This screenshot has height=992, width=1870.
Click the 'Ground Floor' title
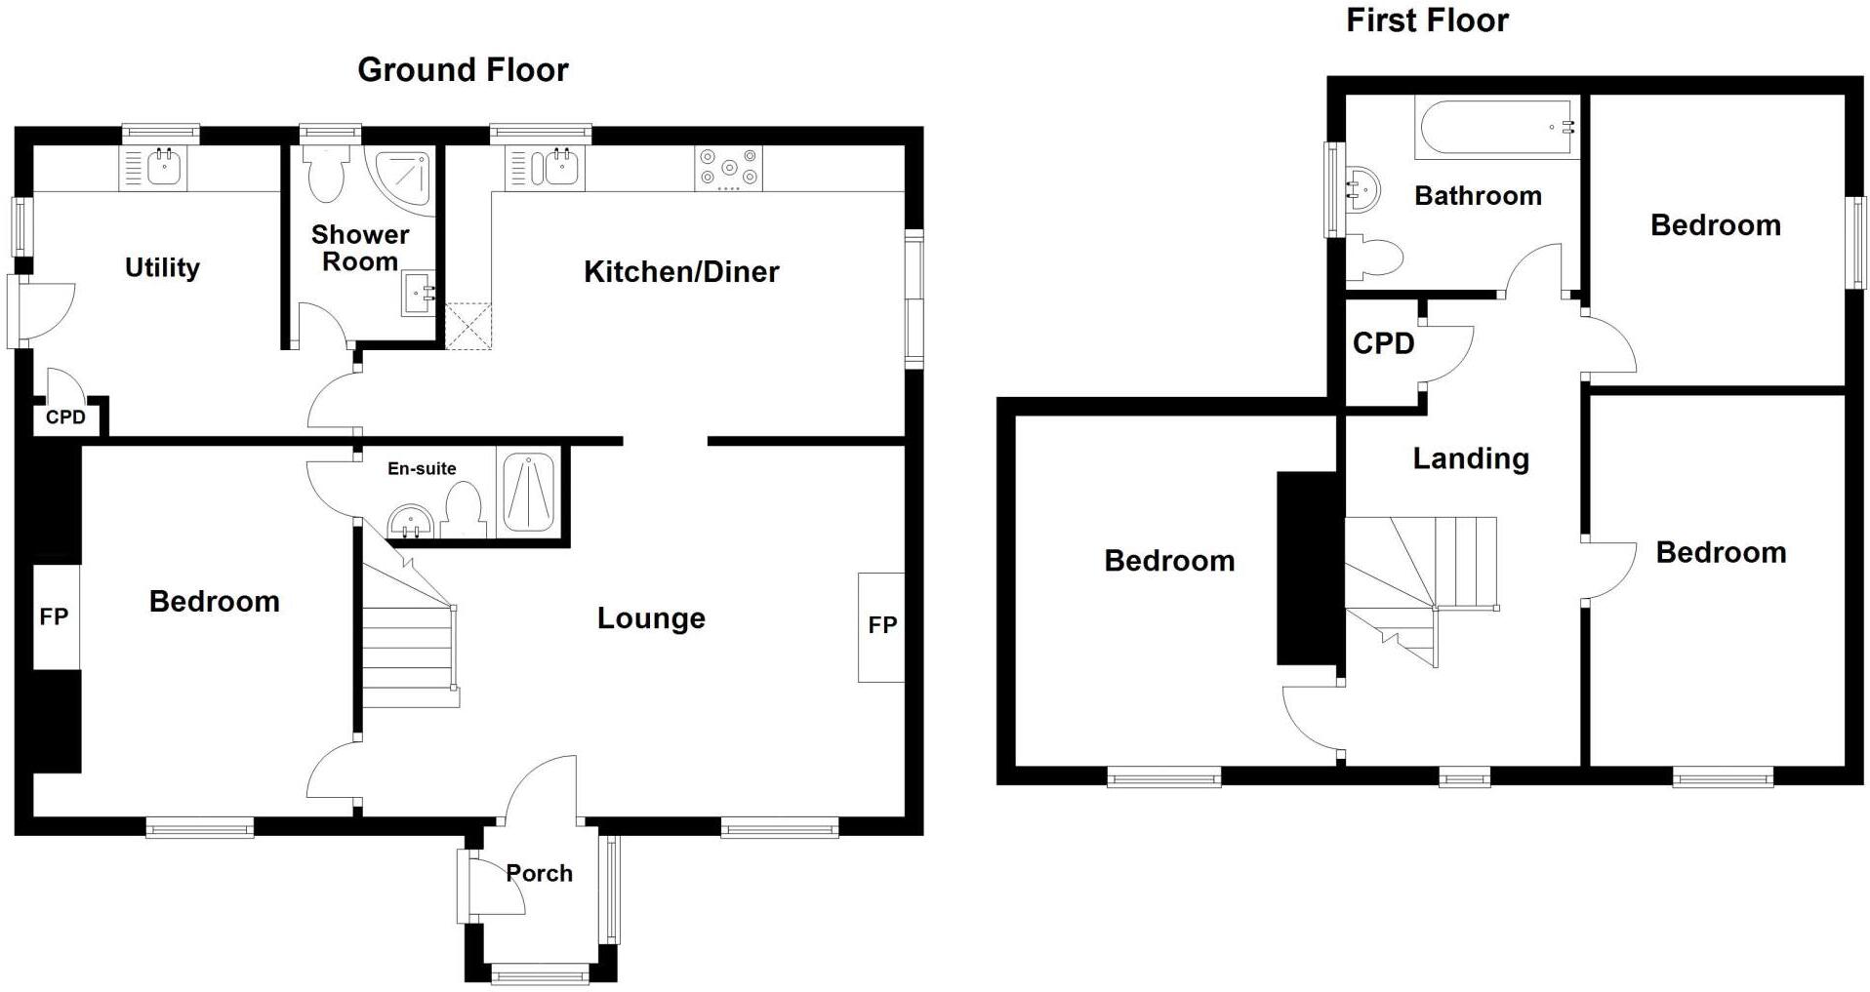coord(463,70)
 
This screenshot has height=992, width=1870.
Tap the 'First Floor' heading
coord(1427,20)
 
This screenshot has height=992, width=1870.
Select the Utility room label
coord(162,267)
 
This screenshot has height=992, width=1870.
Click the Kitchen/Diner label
coord(681,272)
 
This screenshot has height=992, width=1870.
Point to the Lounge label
coord(651,618)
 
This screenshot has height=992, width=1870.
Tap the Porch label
coord(540,873)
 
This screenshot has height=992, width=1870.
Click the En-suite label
coord(422,468)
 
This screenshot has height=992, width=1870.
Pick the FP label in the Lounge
coord(882,625)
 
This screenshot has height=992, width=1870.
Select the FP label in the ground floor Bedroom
coord(54,616)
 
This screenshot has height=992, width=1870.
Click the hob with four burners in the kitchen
coord(728,168)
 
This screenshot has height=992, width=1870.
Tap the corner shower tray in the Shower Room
coord(402,179)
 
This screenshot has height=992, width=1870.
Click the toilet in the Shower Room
coord(324,174)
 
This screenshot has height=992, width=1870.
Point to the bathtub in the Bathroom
coord(1495,128)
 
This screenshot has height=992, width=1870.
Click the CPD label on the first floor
coord(1383,343)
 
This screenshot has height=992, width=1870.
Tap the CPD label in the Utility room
coord(65,417)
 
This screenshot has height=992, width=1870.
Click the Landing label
coord(1470,458)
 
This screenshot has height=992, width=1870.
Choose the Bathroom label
coord(1478,196)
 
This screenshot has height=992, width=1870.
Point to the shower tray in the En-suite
coord(529,492)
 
